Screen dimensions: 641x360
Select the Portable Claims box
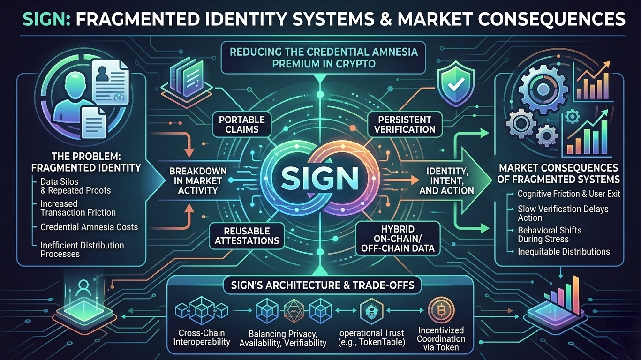point(242,124)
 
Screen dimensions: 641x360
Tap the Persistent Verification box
point(405,124)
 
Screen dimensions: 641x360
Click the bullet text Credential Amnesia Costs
point(89,227)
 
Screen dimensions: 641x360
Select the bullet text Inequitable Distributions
point(564,252)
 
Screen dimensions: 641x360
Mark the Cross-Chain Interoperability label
point(202,337)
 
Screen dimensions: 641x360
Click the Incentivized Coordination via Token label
point(441,338)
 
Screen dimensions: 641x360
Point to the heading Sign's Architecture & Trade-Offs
point(320,285)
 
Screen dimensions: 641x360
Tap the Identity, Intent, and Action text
point(449,180)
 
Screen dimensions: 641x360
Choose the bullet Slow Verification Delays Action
point(563,213)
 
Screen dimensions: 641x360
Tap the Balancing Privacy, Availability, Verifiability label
point(282,338)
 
